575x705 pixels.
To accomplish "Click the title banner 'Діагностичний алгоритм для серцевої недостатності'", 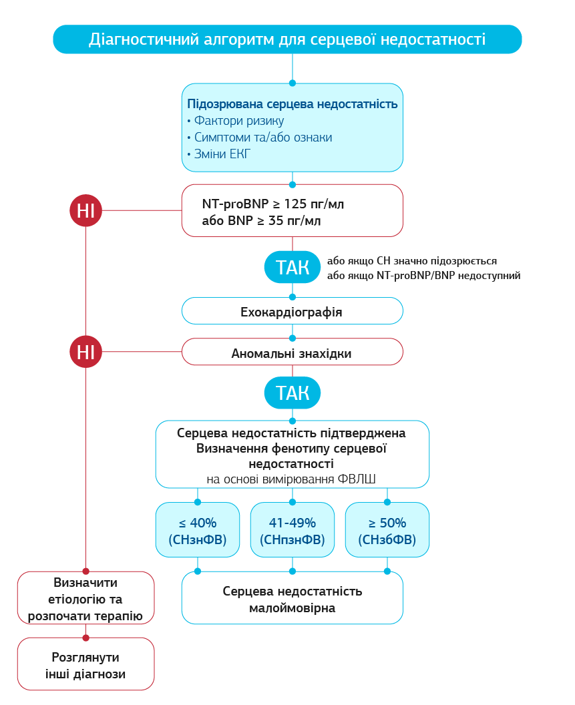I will (x=287, y=39).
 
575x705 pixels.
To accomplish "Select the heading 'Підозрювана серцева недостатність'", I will (x=293, y=104).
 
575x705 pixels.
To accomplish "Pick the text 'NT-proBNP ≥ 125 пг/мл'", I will (x=273, y=204).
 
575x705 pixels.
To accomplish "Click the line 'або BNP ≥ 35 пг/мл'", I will (x=261, y=220).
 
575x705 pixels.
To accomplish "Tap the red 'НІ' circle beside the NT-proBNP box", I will (x=85, y=210).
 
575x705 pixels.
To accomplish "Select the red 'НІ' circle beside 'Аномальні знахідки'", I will (x=85, y=352).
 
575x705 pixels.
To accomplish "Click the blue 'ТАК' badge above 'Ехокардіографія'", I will (x=293, y=268).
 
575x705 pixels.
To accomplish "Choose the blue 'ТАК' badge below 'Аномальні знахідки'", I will (x=293, y=394).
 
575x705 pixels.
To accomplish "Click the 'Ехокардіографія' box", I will (x=292, y=311).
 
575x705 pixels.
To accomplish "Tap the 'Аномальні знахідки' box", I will (x=292, y=352).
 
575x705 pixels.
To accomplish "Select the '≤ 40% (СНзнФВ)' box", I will (x=197, y=530).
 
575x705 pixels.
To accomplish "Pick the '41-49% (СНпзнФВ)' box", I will (x=292, y=530).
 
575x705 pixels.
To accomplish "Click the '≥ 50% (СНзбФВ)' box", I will (x=387, y=530).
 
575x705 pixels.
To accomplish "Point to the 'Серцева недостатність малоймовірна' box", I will (x=292, y=598).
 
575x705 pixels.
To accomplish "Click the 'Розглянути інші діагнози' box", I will (x=85, y=664).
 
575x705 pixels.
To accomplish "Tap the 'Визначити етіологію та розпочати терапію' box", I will (x=85, y=598).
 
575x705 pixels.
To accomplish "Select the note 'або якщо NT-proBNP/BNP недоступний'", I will (x=423, y=275).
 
